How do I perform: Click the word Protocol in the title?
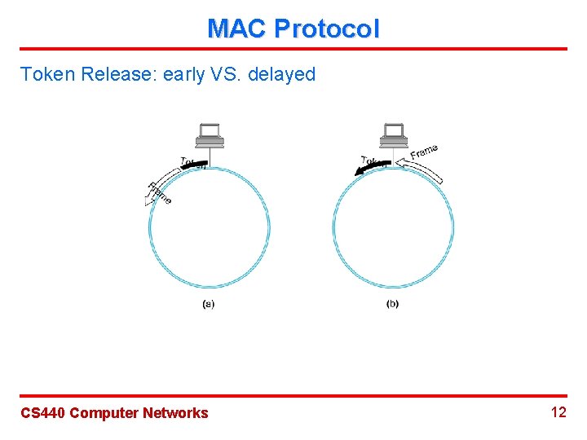(326, 29)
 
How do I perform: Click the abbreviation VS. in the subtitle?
(229, 75)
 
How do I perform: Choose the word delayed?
(281, 75)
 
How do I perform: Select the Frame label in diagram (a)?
(160, 194)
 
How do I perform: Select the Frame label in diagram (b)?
(424, 152)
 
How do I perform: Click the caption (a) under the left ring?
(209, 304)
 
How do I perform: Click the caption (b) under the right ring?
(392, 304)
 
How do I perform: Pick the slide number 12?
(558, 412)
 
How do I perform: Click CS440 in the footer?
(42, 413)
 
